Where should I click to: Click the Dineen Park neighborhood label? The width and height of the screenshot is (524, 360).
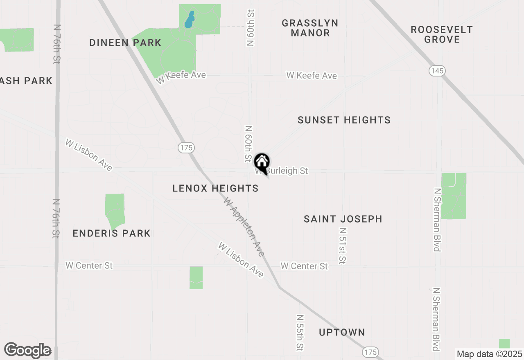(x=125, y=43)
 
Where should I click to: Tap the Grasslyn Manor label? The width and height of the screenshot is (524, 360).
(x=310, y=28)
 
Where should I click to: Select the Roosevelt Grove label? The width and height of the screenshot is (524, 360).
(x=442, y=34)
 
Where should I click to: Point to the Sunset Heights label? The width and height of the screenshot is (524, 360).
(x=344, y=120)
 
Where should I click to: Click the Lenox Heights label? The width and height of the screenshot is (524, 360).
(x=215, y=188)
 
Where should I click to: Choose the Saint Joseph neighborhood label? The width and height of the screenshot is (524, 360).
(x=343, y=219)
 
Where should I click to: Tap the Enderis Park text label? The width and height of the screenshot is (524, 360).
(x=112, y=233)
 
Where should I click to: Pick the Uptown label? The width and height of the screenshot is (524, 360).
(x=342, y=332)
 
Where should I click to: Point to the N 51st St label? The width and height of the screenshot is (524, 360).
(x=343, y=245)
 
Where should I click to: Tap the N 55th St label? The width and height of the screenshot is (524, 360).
(x=300, y=333)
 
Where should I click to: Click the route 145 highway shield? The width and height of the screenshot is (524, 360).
(x=437, y=71)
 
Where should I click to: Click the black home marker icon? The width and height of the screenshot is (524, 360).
(x=262, y=162)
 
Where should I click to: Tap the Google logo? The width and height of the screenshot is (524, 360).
(x=27, y=350)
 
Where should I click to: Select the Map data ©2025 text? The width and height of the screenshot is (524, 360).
(x=489, y=354)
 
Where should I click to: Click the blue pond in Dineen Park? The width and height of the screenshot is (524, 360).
(x=189, y=19)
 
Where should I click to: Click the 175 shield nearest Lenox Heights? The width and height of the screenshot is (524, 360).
(x=186, y=148)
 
